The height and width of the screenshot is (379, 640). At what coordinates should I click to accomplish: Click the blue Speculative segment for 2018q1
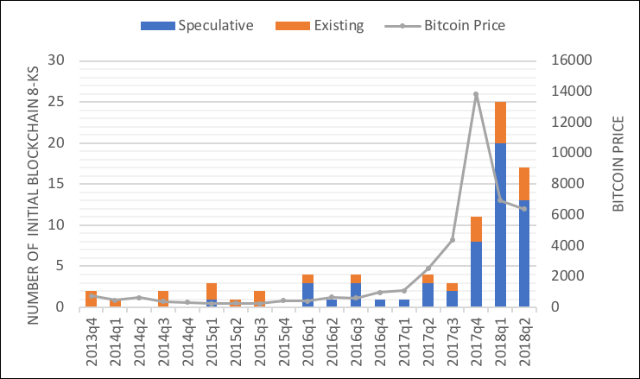click(x=499, y=224)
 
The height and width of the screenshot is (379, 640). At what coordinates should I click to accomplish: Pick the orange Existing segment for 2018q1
click(x=499, y=123)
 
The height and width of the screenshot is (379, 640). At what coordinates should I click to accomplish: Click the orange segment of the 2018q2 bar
click(x=523, y=184)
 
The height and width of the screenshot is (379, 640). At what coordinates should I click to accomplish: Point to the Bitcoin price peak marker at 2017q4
click(x=476, y=94)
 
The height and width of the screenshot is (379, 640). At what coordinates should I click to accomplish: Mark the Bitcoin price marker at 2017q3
click(x=452, y=240)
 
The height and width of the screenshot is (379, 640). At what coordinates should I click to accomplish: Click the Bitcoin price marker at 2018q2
click(x=523, y=209)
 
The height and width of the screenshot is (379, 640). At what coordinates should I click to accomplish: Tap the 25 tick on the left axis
click(x=57, y=102)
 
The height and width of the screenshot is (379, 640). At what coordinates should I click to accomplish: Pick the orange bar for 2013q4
click(x=92, y=299)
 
